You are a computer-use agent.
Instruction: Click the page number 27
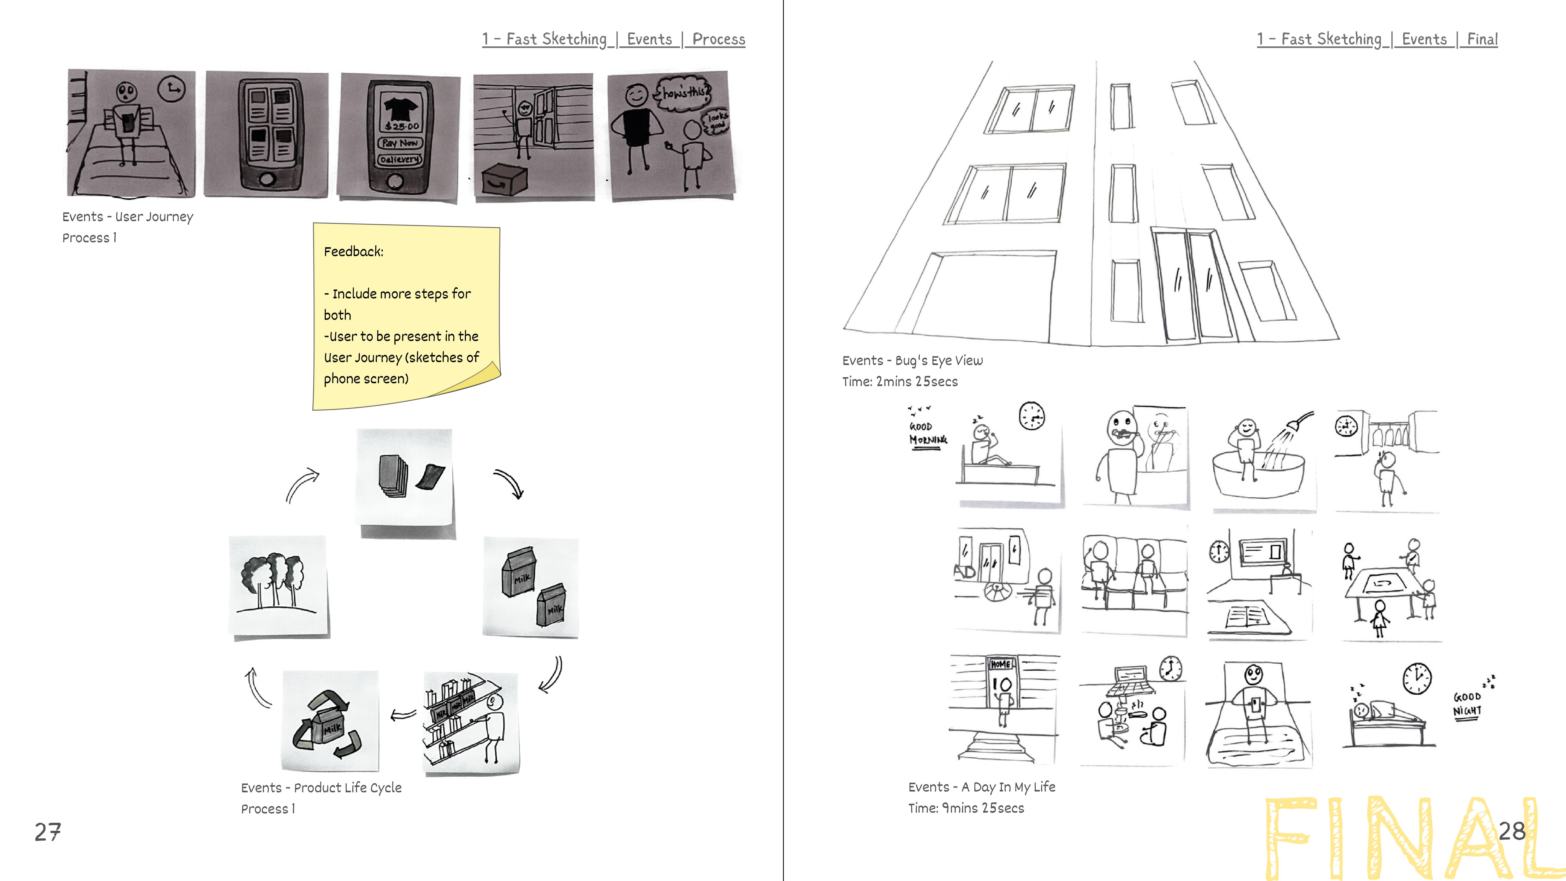click(48, 832)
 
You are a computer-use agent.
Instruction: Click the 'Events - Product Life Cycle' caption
click(321, 788)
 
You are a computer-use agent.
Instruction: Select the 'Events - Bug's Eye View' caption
click(912, 360)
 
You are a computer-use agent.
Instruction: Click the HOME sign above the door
click(1001, 664)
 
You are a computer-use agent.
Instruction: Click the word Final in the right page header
click(1482, 39)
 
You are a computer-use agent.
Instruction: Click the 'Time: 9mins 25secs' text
click(966, 808)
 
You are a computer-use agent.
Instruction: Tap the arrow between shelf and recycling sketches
click(402, 715)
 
